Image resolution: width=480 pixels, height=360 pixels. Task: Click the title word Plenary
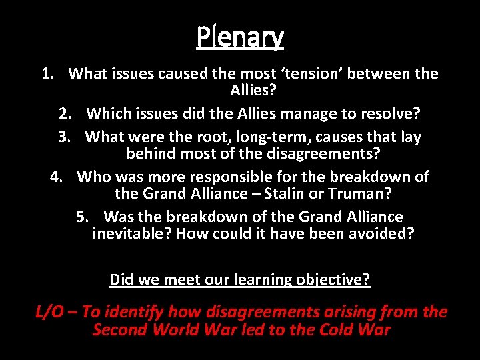pos(240,38)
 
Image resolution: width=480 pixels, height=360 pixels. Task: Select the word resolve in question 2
pos(392,114)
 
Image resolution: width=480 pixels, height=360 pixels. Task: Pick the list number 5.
pos(82,217)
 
